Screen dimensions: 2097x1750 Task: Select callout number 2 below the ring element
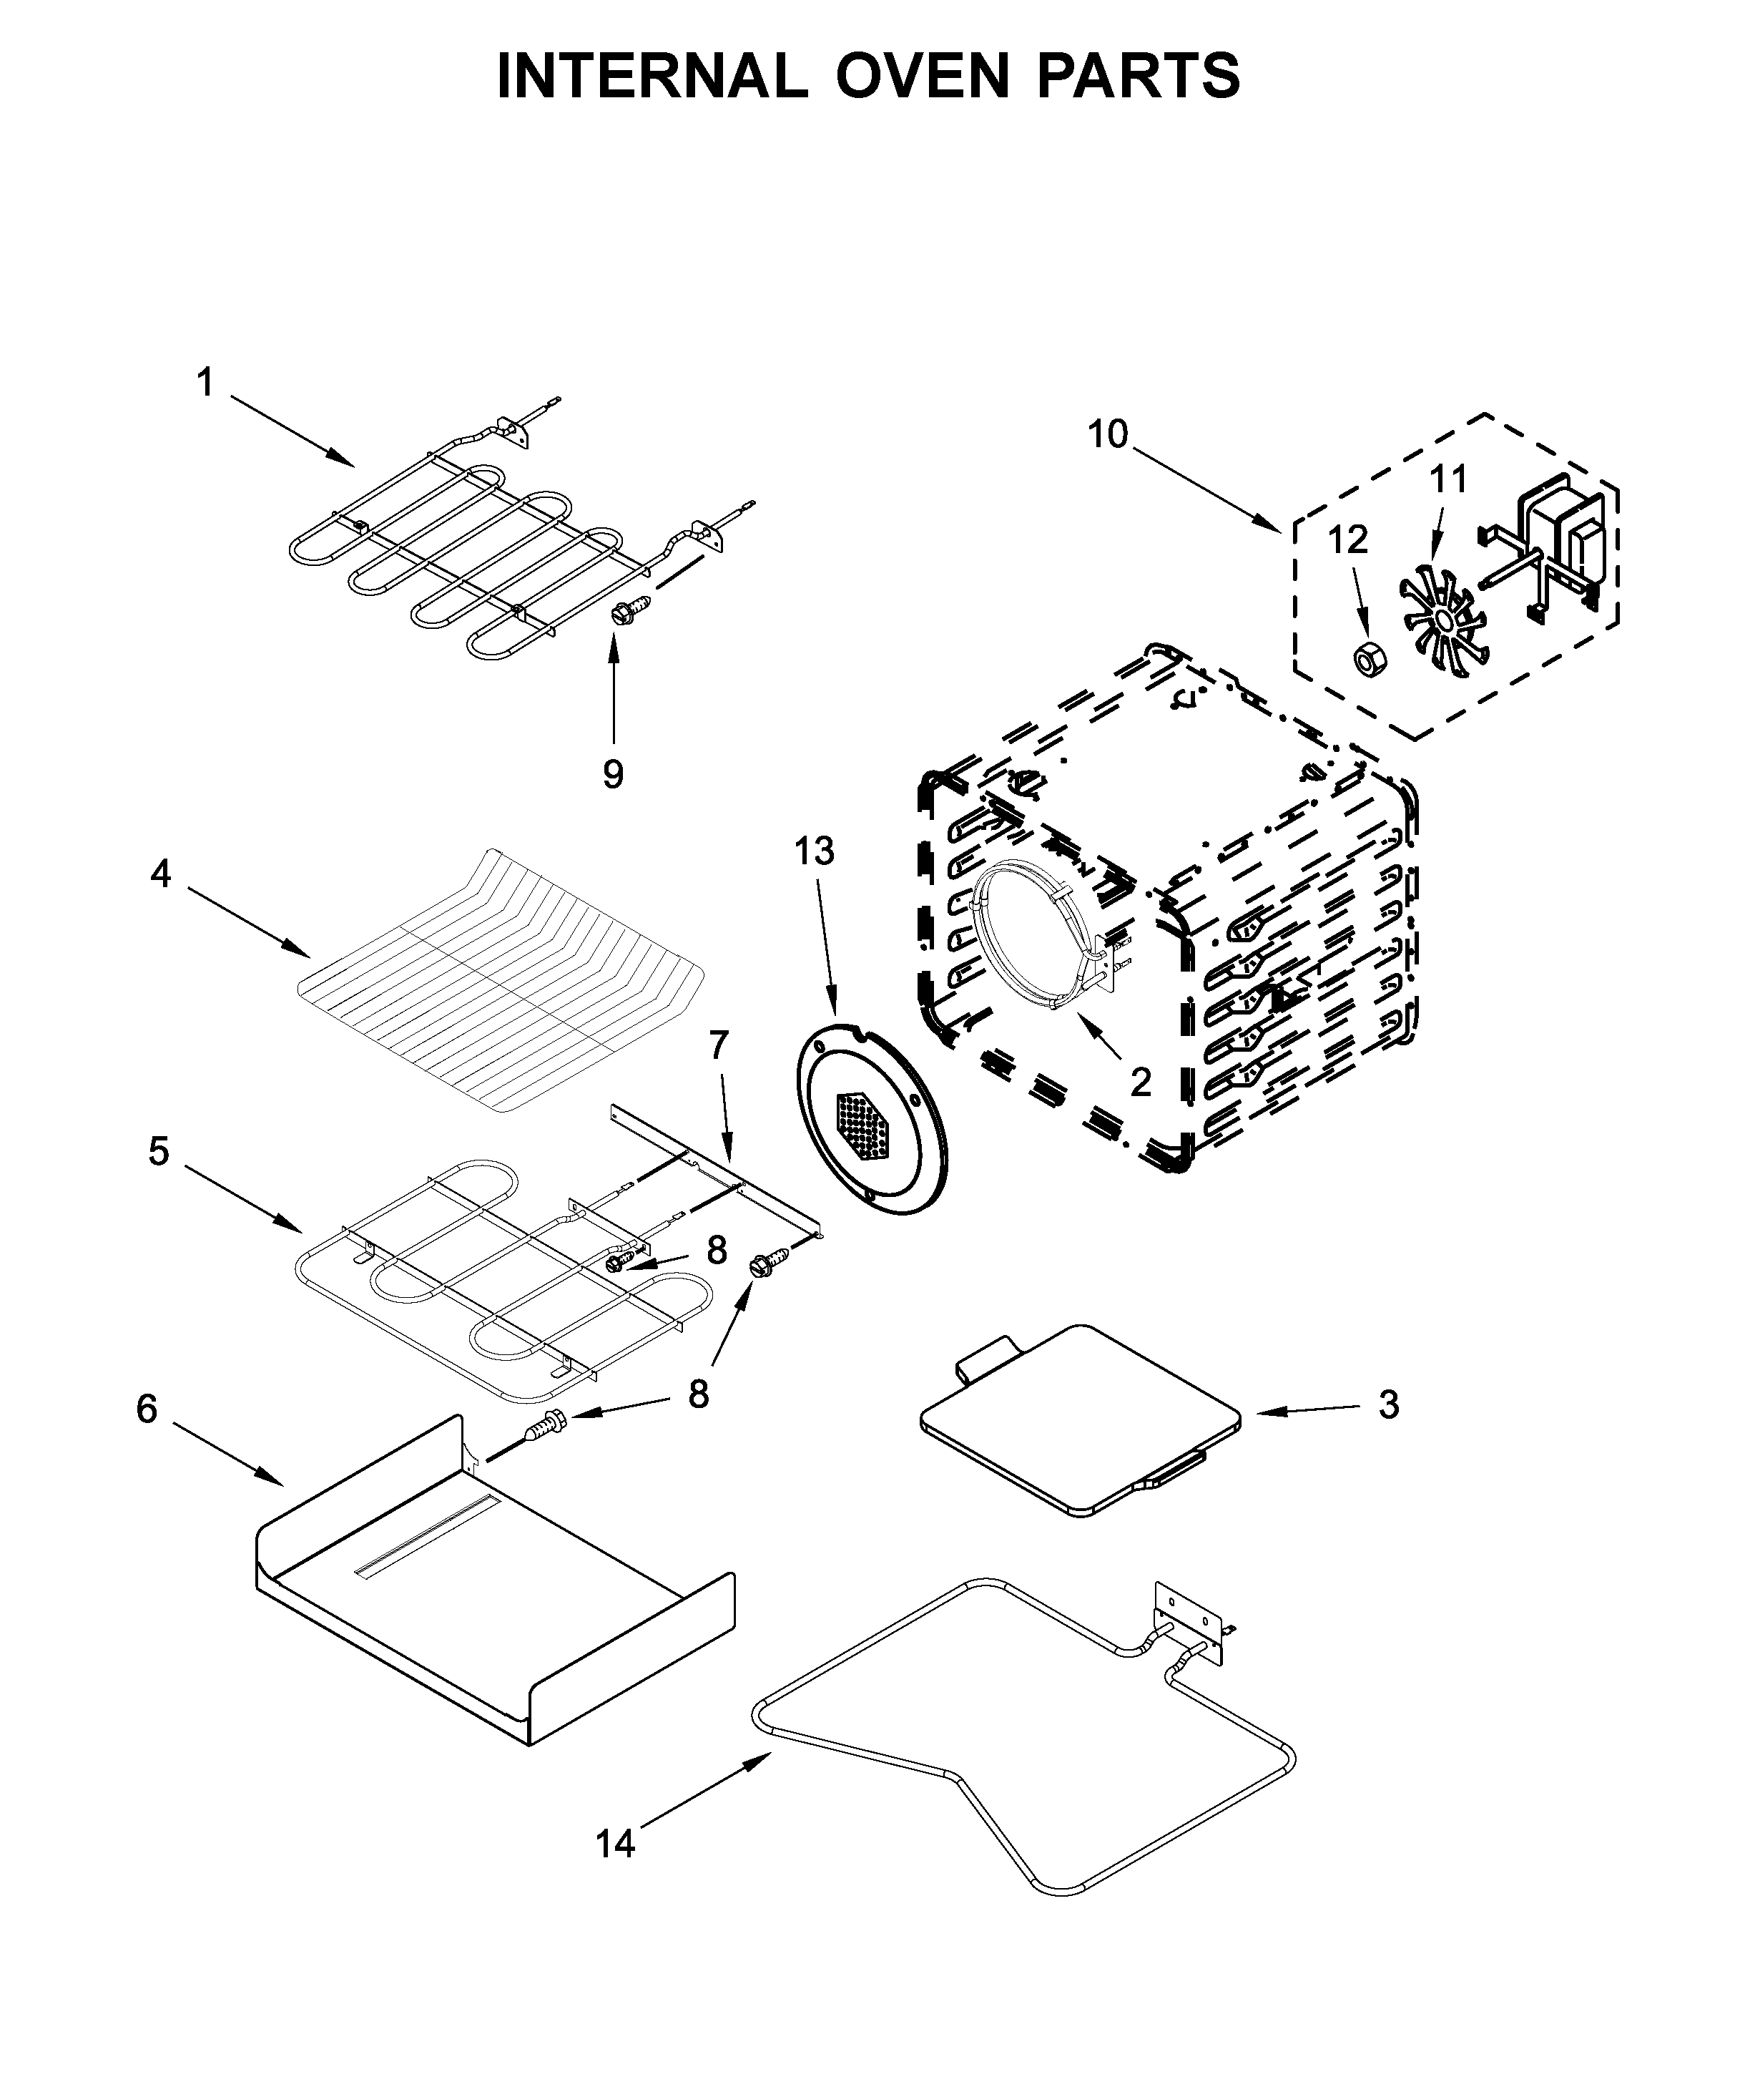1140,1082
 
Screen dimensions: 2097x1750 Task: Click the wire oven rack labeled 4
499,984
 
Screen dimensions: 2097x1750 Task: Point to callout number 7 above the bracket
719,1045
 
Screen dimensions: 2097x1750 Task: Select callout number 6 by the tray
147,1409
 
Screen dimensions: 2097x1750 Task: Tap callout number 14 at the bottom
615,1843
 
